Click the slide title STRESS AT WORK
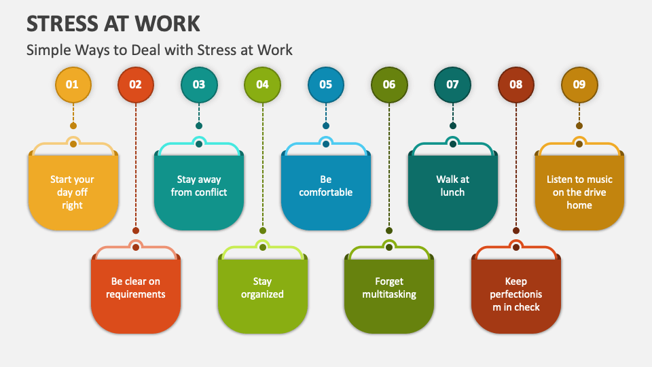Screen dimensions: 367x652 click(113, 24)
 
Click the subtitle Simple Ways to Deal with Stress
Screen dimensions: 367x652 click(160, 50)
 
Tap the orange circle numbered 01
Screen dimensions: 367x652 click(73, 84)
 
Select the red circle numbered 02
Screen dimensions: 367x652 click(136, 84)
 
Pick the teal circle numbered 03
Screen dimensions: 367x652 click(199, 84)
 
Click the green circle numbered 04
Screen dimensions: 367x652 click(262, 84)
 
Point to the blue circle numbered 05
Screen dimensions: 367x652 click(326, 84)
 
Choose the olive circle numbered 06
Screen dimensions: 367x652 click(389, 84)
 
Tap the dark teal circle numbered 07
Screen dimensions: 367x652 click(452, 84)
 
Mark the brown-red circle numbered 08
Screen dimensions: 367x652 click(516, 84)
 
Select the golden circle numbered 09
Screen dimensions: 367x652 click(579, 84)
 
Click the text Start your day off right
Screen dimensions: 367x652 click(73, 192)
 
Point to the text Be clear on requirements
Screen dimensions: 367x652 click(136, 287)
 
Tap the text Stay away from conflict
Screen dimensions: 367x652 click(199, 186)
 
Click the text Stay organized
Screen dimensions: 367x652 click(262, 287)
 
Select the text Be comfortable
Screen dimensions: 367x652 click(326, 186)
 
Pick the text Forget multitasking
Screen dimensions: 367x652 click(389, 287)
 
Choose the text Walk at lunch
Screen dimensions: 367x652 click(452, 186)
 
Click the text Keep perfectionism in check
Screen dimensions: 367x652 click(516, 294)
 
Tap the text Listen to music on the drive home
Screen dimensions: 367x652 click(579, 192)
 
